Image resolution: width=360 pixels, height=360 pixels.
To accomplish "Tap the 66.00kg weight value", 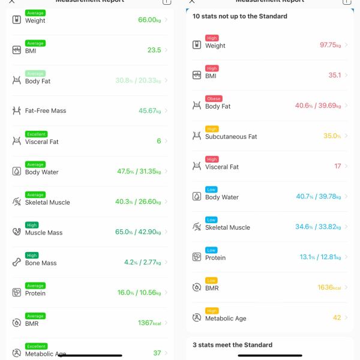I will tap(149, 20).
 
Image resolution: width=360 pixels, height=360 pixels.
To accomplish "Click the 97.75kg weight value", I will tap(331, 45).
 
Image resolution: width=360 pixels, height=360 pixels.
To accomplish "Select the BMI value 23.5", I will tap(154, 50).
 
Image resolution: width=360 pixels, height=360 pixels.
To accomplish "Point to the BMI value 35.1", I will tap(334, 75).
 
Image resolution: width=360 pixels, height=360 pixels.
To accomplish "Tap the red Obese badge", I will tap(213, 98).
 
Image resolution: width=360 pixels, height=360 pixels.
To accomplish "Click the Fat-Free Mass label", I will tap(46, 111).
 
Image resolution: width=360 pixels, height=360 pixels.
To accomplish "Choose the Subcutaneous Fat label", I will tap(231, 137).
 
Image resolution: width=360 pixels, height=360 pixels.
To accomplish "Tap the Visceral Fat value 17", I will tap(337, 166).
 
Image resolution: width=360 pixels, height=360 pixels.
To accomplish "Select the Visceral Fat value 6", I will tap(159, 141).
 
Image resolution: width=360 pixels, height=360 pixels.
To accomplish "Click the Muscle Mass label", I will tap(43, 233).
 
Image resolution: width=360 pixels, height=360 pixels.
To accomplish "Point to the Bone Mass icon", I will tap(16, 262).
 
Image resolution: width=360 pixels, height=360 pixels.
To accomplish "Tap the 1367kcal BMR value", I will tap(149, 323).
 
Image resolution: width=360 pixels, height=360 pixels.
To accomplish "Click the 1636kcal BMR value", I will tap(329, 287).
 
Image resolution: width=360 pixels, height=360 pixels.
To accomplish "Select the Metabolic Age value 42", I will tap(337, 318).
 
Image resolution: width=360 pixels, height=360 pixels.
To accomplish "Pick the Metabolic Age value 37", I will tap(157, 353).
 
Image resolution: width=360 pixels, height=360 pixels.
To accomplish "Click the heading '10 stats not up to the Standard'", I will tap(239, 16).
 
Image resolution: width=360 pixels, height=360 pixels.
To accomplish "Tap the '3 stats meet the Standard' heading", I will tap(232, 345).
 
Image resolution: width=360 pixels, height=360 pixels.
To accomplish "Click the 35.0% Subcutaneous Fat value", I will tap(332, 136).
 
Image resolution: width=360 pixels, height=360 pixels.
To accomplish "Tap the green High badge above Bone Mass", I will tap(32, 255).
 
